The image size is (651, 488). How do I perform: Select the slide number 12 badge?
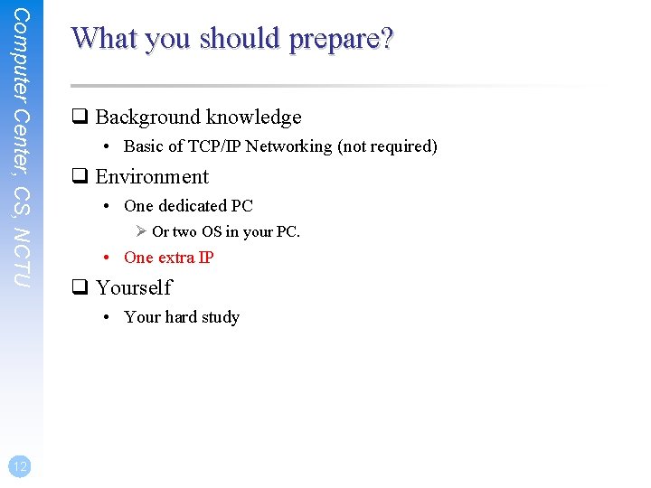pyautogui.click(x=20, y=465)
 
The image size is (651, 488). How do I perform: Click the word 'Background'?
pyautogui.click(x=148, y=117)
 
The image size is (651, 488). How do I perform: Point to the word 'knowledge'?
pyautogui.click(x=253, y=117)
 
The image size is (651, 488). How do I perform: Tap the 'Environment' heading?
pyautogui.click(x=152, y=177)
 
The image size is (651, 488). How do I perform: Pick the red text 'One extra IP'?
pyautogui.click(x=168, y=258)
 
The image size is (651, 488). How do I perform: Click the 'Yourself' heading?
pyautogui.click(x=134, y=288)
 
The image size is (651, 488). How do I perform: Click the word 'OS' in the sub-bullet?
pyautogui.click(x=212, y=232)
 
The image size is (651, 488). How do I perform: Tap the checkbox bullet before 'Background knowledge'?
pyautogui.click(x=80, y=117)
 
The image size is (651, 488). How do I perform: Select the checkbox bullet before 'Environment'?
pyautogui.click(x=80, y=177)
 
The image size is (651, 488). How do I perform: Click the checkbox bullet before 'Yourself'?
pyautogui.click(x=80, y=288)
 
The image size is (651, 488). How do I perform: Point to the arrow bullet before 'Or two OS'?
pyautogui.click(x=141, y=232)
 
